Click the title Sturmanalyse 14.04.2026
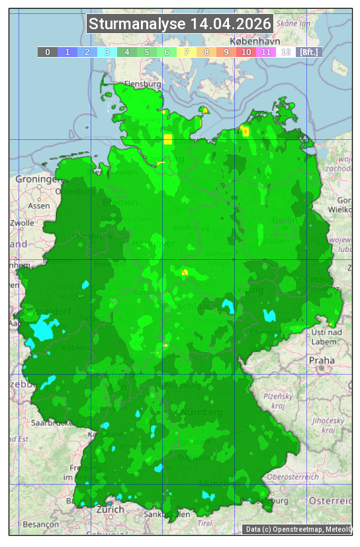(x=180, y=25)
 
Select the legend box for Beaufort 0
(x=48, y=52)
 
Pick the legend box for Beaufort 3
(x=107, y=52)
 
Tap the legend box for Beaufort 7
(x=187, y=52)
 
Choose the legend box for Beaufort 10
(x=246, y=52)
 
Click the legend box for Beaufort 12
(x=286, y=52)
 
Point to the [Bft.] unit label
(x=308, y=52)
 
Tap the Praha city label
(x=322, y=361)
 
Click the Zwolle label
(x=22, y=223)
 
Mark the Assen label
(x=39, y=206)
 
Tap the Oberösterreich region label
(x=293, y=476)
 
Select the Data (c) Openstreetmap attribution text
(x=298, y=529)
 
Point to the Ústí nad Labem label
(x=326, y=336)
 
